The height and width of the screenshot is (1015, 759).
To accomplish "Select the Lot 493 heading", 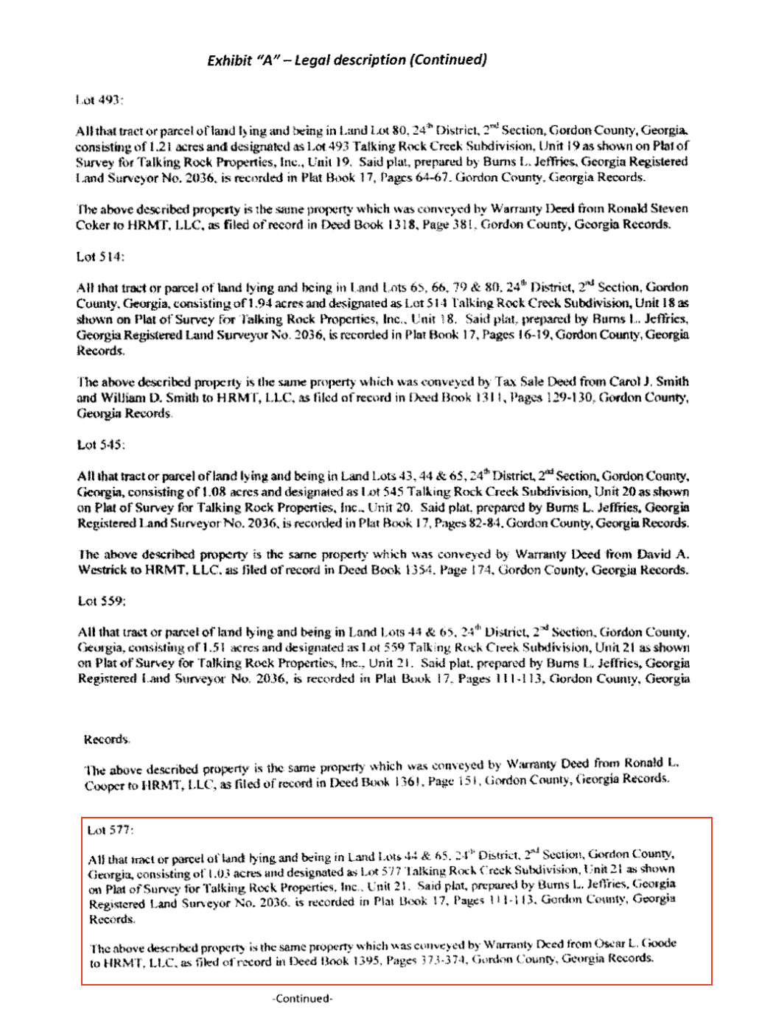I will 99,99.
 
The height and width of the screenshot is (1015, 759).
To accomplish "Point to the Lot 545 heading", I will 101,445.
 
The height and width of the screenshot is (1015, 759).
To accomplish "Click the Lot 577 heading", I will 111,830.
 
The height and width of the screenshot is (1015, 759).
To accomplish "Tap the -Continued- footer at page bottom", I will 302,999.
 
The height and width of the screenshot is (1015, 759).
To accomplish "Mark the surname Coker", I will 93,225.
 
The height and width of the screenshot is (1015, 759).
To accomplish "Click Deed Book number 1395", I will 361,961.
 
